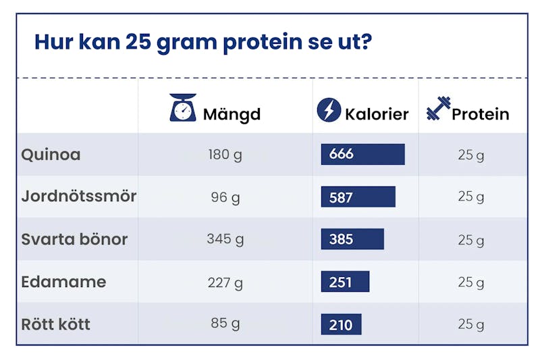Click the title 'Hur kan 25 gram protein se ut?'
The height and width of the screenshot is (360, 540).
click(x=202, y=42)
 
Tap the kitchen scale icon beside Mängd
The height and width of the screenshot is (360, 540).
click(x=183, y=108)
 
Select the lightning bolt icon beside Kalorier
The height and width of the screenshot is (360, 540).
click(x=329, y=110)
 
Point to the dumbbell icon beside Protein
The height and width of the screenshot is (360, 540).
click(x=438, y=109)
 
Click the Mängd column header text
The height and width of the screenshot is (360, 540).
click(x=232, y=113)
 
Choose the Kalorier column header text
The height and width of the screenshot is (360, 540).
click(x=377, y=113)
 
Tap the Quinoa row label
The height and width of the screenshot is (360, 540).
click(x=51, y=155)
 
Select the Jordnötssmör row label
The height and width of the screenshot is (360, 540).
click(x=78, y=197)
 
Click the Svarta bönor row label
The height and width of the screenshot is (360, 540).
click(x=74, y=239)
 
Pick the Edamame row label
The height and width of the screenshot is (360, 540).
click(x=63, y=282)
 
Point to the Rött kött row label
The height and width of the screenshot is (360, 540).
click(x=55, y=324)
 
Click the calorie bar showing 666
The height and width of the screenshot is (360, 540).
click(x=362, y=154)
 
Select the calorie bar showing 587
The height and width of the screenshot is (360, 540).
click(x=358, y=197)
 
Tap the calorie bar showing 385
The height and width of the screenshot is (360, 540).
click(x=352, y=239)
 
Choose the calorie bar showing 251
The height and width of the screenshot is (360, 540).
click(x=345, y=282)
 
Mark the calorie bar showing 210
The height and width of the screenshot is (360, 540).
click(x=341, y=324)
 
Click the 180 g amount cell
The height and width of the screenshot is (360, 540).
click(x=225, y=155)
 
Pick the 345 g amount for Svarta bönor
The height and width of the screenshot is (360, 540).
click(x=225, y=239)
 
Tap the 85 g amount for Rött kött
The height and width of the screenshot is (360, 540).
click(x=225, y=324)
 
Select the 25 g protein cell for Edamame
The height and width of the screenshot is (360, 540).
click(x=471, y=282)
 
